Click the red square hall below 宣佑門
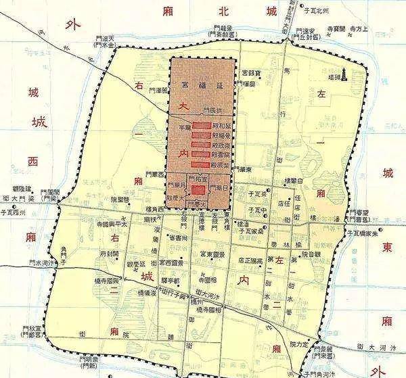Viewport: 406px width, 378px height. (198, 190)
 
